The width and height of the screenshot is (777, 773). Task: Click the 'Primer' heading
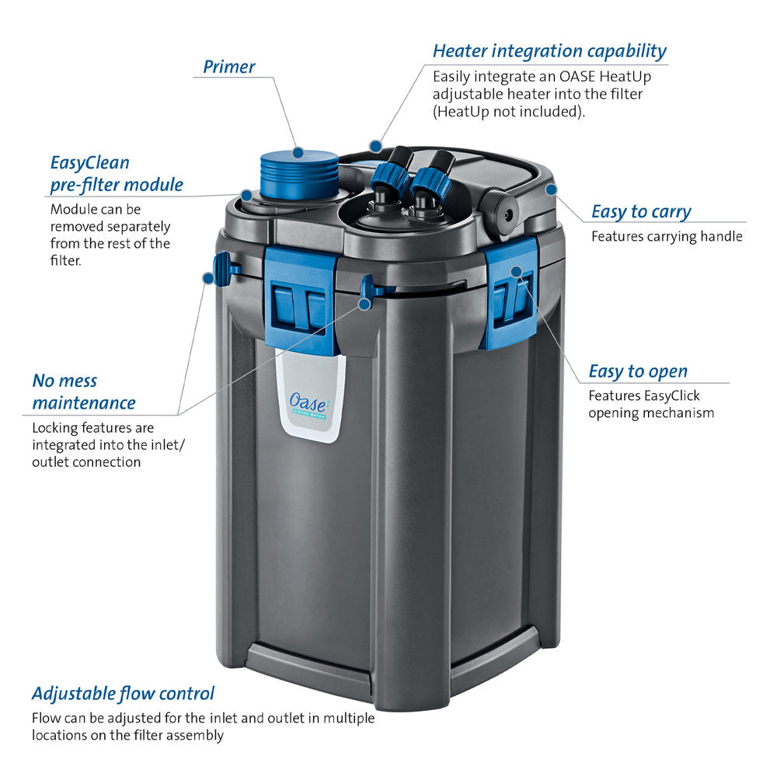(228, 67)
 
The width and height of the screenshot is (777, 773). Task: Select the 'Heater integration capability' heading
(549, 51)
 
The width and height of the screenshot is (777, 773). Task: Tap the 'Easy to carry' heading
(640, 211)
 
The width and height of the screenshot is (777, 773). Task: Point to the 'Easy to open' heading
(637, 371)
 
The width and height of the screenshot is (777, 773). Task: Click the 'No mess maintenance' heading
(83, 392)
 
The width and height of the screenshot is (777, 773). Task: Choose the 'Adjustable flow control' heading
(123, 693)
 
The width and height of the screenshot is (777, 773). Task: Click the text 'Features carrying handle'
(667, 236)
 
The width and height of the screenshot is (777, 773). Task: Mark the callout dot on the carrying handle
(550, 189)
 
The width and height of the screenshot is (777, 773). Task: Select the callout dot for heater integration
(375, 145)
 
